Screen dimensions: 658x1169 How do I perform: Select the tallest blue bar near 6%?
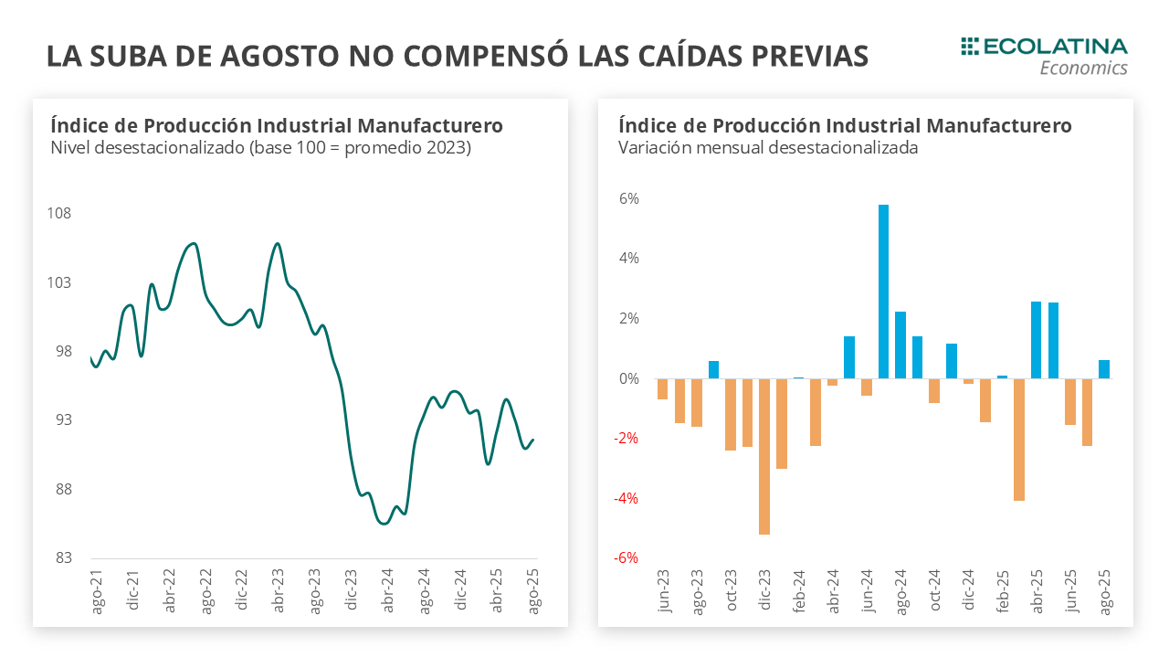tap(883, 291)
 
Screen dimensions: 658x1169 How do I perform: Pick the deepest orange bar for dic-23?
tap(764, 456)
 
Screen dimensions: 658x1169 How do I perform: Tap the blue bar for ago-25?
tap(1104, 369)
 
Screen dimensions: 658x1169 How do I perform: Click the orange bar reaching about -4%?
tap(1019, 440)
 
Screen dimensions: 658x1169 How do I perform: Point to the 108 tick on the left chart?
tap(58, 214)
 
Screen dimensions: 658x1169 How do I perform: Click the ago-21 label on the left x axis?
tap(97, 591)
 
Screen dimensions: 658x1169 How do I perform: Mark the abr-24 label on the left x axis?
tap(388, 591)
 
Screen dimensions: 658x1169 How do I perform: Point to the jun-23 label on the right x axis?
tap(664, 590)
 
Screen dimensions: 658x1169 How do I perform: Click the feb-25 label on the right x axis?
tap(1003, 590)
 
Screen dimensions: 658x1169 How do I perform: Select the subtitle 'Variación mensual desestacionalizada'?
tap(768, 147)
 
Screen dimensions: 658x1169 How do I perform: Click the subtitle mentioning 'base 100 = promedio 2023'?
tap(261, 147)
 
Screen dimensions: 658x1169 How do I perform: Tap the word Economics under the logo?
tap(1083, 69)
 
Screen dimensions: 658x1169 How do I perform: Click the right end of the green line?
tap(533, 440)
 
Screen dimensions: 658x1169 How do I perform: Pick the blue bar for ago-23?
tap(713, 369)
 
